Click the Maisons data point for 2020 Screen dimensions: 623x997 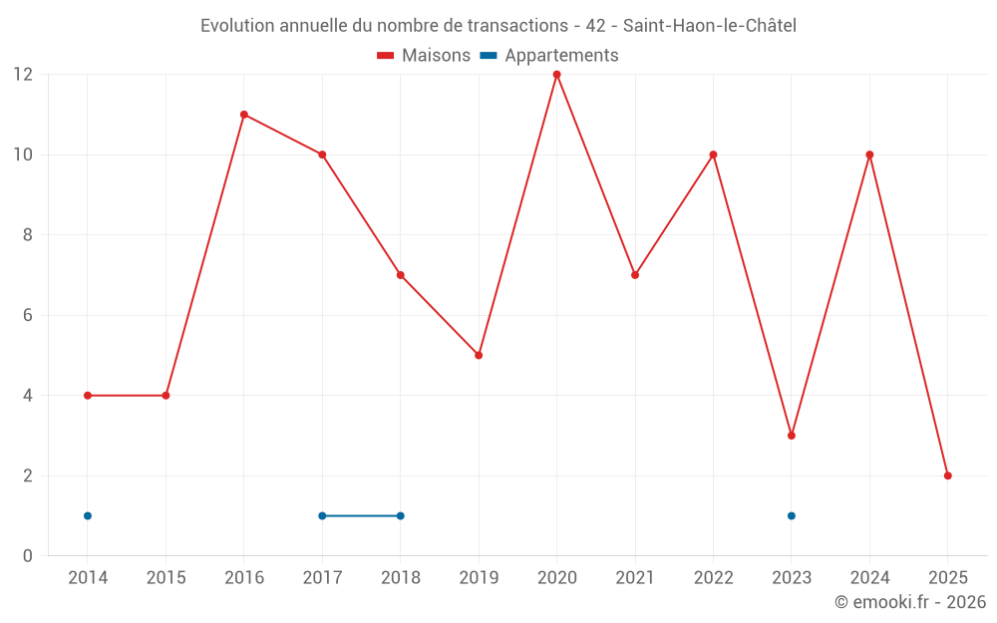tap(556, 75)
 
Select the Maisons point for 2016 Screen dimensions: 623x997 tap(244, 115)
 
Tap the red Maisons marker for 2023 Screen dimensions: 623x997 tap(792, 436)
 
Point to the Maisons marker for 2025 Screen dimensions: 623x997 tap(948, 475)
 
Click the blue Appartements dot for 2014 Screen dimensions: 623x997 tap(88, 515)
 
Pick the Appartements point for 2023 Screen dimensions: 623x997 tap(792, 515)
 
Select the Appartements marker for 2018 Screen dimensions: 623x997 tap(401, 515)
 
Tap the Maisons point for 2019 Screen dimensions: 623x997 tap(479, 355)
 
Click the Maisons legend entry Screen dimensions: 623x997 tap(424, 56)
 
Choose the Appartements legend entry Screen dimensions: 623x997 tap(549, 56)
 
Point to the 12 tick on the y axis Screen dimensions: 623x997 tap(22, 75)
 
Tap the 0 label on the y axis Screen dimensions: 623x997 tap(28, 555)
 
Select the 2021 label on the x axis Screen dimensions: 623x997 tap(635, 578)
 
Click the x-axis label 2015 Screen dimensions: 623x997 tap(166, 578)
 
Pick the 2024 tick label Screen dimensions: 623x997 tap(869, 578)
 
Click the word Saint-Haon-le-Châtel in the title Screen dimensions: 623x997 tap(709, 26)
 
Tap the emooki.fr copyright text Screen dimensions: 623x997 tap(910, 602)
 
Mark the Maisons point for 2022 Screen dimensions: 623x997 tap(713, 155)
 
